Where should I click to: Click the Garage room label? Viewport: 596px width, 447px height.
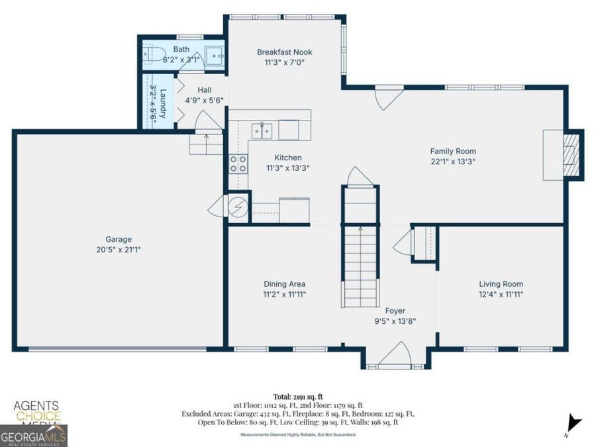coord(119,239)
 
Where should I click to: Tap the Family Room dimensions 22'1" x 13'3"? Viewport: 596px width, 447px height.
coord(453,161)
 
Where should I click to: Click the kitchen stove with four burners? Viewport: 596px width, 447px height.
coord(238,164)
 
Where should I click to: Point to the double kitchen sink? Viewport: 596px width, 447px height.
coord(262,130)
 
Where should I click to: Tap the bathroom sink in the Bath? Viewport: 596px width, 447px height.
coord(214,57)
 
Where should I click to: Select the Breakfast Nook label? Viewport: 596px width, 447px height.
coord(284,52)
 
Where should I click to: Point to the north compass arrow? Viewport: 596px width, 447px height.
coord(574,422)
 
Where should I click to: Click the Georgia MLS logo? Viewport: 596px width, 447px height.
coord(33,437)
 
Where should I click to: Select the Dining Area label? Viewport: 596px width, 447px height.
coord(284,284)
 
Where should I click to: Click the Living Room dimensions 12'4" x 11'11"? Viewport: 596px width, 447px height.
coord(501,294)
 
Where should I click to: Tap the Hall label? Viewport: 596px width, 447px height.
coord(204,90)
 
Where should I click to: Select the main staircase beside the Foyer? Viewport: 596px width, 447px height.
coord(360,265)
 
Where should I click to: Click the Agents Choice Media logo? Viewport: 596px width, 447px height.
coord(36,411)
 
